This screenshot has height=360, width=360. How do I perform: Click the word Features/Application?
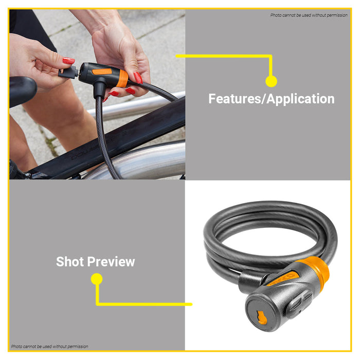(x=271, y=99)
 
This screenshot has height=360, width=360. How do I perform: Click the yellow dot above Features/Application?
(x=271, y=81)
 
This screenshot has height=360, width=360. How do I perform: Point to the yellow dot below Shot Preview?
(x=96, y=279)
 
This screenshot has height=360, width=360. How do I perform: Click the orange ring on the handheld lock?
(x=122, y=79)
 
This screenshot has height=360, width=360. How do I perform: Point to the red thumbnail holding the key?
(x=68, y=61)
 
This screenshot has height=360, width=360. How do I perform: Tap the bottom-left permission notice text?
(x=49, y=347)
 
